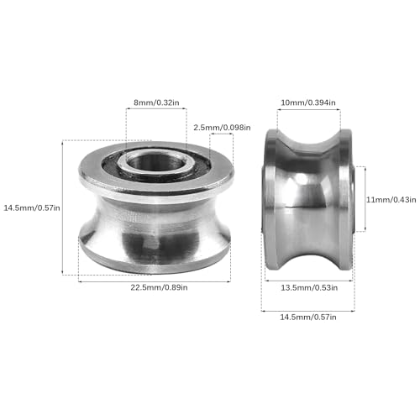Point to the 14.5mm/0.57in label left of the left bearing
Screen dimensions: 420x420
pyautogui.click(x=32, y=207)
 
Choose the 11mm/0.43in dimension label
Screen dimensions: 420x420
pyautogui.click(x=390, y=199)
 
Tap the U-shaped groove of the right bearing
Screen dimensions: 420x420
pyautogui.click(x=307, y=202)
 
